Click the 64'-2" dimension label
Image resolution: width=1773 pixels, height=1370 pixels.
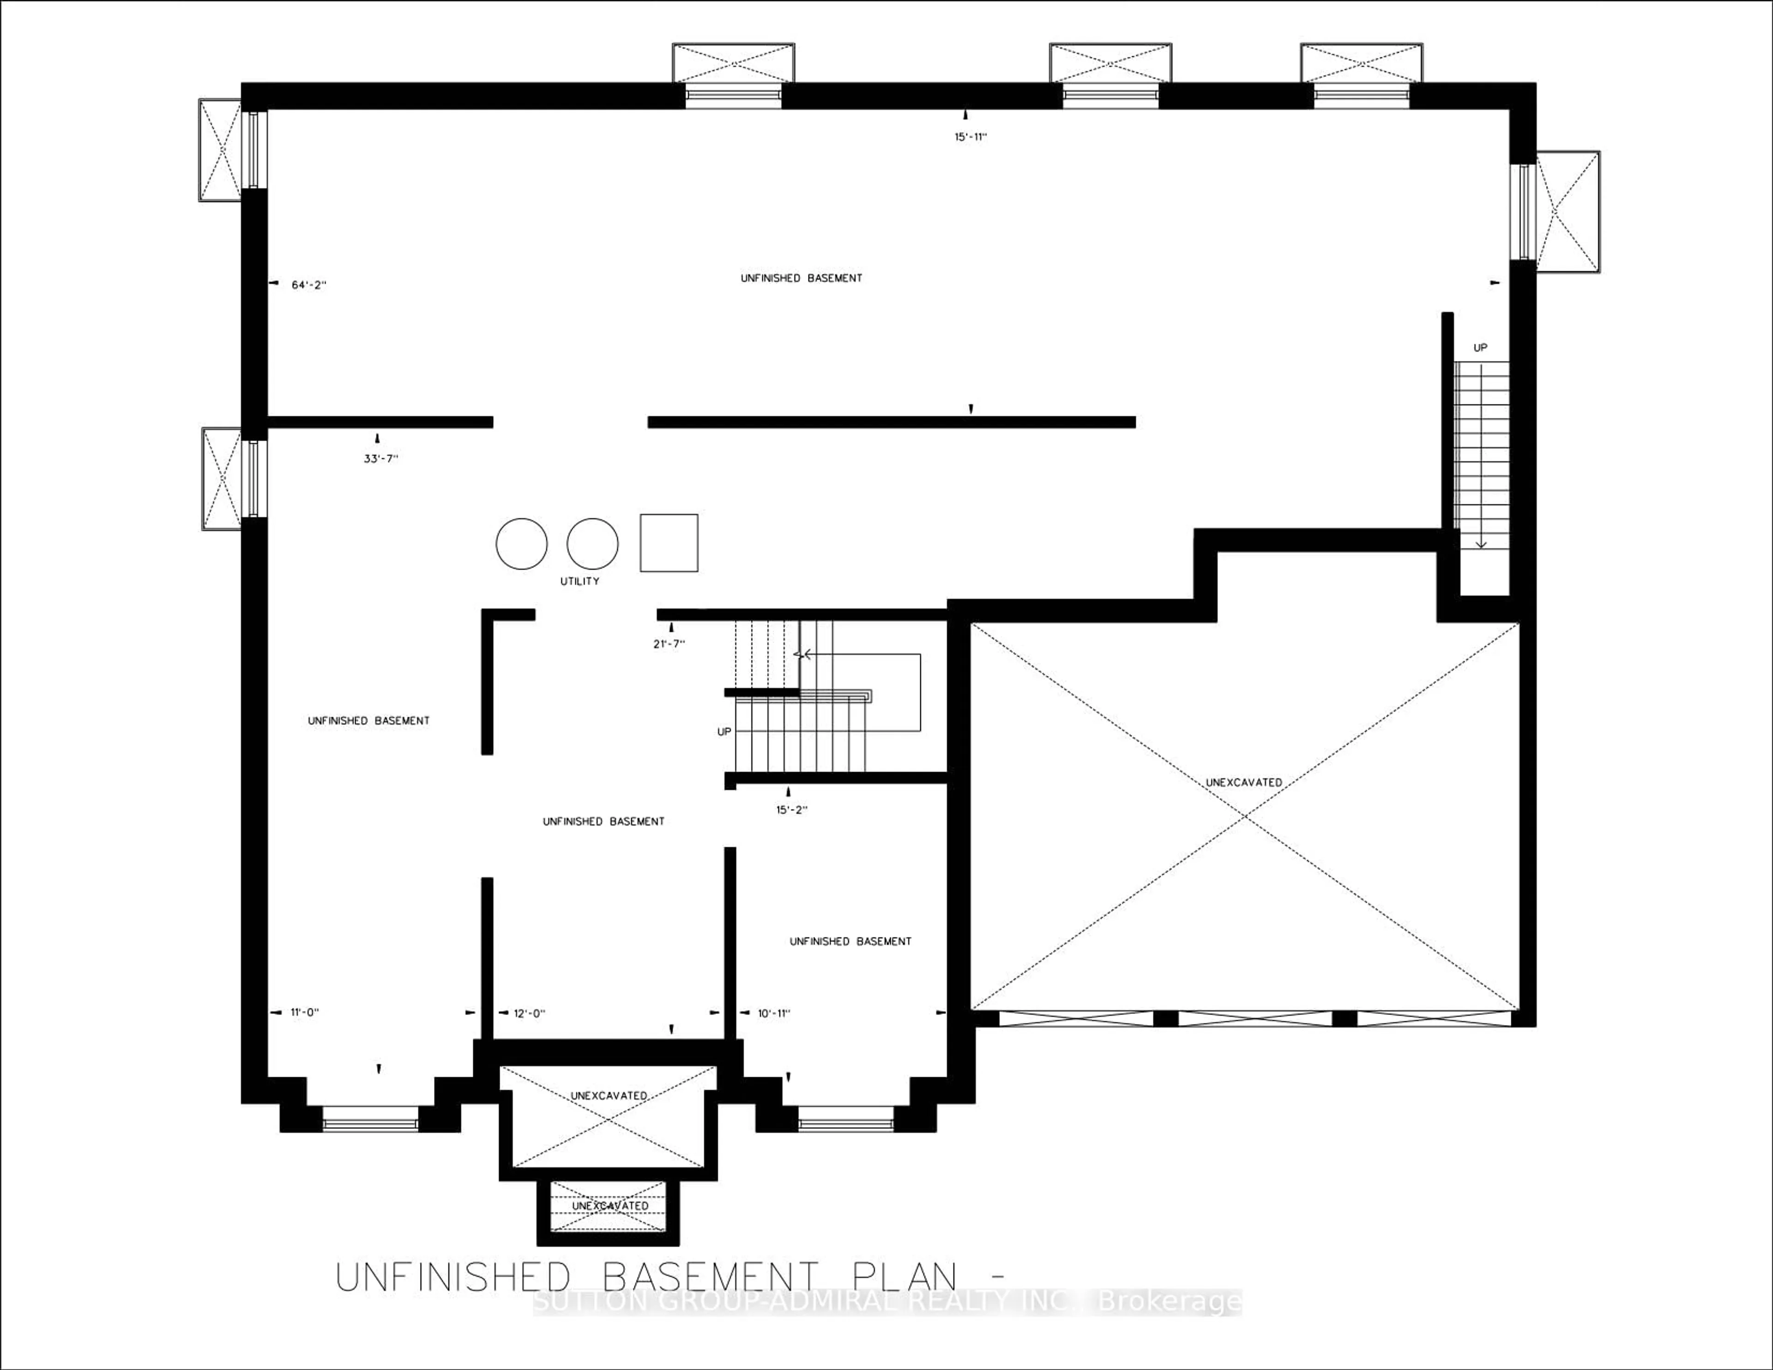(x=308, y=285)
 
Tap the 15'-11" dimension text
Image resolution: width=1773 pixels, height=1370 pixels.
(x=970, y=137)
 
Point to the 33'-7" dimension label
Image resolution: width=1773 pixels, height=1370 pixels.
(x=381, y=459)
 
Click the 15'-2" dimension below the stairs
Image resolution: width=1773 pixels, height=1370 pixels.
(x=791, y=809)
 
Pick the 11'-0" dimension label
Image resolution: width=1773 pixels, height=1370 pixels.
(x=305, y=1013)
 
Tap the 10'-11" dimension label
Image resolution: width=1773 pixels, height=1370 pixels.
(x=774, y=1014)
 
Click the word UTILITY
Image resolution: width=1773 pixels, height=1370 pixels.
(x=579, y=581)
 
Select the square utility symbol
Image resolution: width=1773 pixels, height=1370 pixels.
(x=669, y=543)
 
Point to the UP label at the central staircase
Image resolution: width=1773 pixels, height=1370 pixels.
(x=724, y=732)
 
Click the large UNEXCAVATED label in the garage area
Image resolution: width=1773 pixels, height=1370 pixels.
(x=1244, y=783)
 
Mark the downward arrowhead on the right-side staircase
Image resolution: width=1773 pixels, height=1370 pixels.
(x=1481, y=543)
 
